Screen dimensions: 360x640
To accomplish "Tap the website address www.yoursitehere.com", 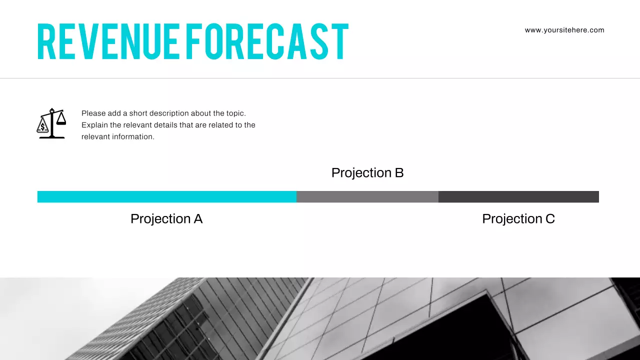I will pos(564,30).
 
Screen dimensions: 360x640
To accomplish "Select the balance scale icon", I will pos(51,123).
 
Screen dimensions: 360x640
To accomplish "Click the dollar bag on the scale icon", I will pos(43,127).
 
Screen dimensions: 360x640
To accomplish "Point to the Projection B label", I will pos(367,173).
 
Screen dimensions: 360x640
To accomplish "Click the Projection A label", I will pos(166,219).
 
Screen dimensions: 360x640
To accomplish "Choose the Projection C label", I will pos(518,219).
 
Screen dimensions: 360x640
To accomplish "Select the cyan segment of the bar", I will pos(166,196).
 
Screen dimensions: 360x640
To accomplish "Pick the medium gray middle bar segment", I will pos(367,196).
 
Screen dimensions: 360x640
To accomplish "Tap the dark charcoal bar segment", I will pos(518,196).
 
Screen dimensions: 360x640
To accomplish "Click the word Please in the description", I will pos(93,113).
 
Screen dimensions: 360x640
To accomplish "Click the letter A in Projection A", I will pos(198,219).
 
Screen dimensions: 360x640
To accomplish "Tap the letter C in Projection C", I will pos(550,219).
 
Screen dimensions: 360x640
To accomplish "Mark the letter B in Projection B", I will pos(399,173).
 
